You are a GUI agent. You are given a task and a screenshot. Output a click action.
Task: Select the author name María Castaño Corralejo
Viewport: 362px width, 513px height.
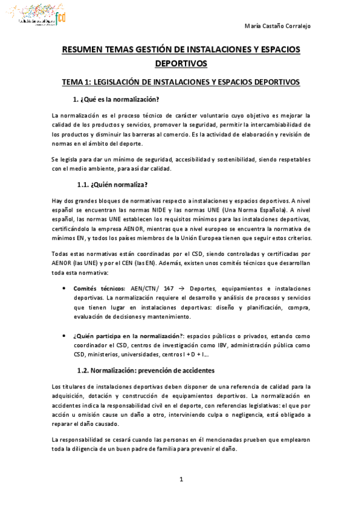click(x=282, y=26)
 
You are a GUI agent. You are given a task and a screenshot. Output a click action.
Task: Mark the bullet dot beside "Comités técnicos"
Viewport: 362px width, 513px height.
click(x=65, y=289)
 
